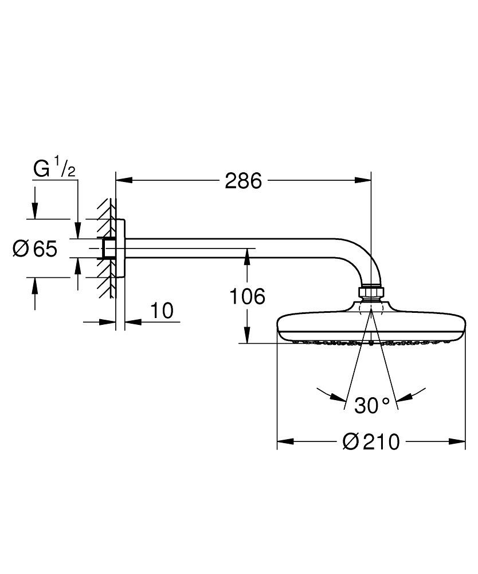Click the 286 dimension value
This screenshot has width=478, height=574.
[243, 181]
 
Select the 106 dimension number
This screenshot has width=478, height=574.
[248, 297]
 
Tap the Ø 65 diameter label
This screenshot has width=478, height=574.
[36, 249]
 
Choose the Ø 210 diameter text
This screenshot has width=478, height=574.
[371, 442]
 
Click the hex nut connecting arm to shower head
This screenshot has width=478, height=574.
[371, 292]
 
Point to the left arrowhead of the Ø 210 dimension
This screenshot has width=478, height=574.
[285, 441]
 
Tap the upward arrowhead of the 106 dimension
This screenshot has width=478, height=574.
[247, 257]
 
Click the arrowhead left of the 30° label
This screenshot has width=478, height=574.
[339, 397]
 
